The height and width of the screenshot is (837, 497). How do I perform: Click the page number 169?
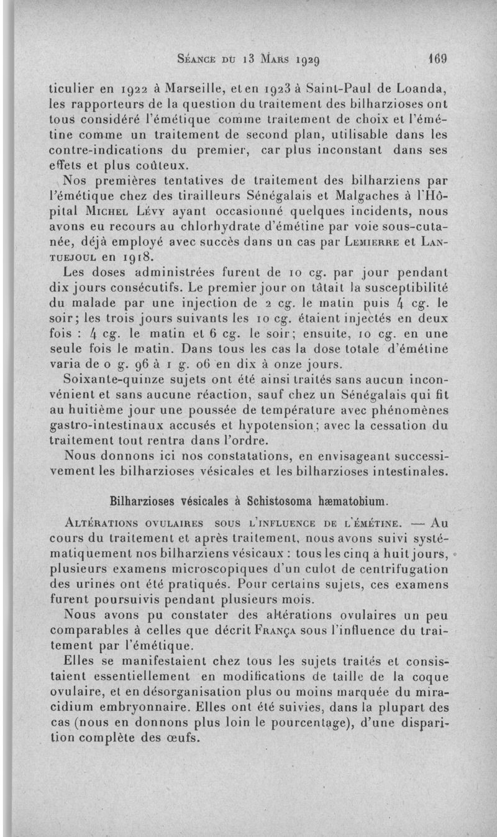[x=437, y=60]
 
